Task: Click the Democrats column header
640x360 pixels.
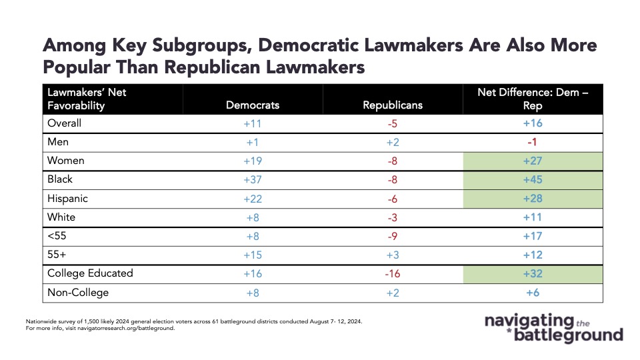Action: pyautogui.click(x=253, y=105)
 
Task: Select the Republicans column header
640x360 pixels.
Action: pyautogui.click(x=393, y=105)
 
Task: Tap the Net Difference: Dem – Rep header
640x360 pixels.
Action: pyautogui.click(x=533, y=99)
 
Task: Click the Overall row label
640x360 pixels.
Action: pyautogui.click(x=64, y=123)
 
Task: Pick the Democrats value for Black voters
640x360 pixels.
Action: pyautogui.click(x=253, y=179)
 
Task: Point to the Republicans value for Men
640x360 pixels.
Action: pyautogui.click(x=393, y=143)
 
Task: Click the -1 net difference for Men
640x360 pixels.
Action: pyautogui.click(x=532, y=142)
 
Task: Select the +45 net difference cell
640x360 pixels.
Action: pyautogui.click(x=533, y=179)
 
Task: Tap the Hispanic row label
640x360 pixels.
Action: pyautogui.click(x=67, y=199)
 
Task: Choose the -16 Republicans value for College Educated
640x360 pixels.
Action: pyautogui.click(x=393, y=274)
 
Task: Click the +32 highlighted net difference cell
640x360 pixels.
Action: pyautogui.click(x=533, y=274)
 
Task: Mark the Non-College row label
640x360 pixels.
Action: pyautogui.click(x=78, y=293)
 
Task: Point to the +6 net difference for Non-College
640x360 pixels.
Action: pyautogui.click(x=533, y=293)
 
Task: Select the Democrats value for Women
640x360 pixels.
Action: pyautogui.click(x=253, y=161)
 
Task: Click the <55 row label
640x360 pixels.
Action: pyautogui.click(x=57, y=236)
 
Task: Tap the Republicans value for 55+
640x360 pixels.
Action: pyautogui.click(x=393, y=255)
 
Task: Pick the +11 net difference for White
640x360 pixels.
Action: pyautogui.click(x=533, y=217)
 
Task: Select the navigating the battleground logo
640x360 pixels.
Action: pyautogui.click(x=554, y=327)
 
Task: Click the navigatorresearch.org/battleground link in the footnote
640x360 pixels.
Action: pyautogui.click(x=126, y=328)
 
